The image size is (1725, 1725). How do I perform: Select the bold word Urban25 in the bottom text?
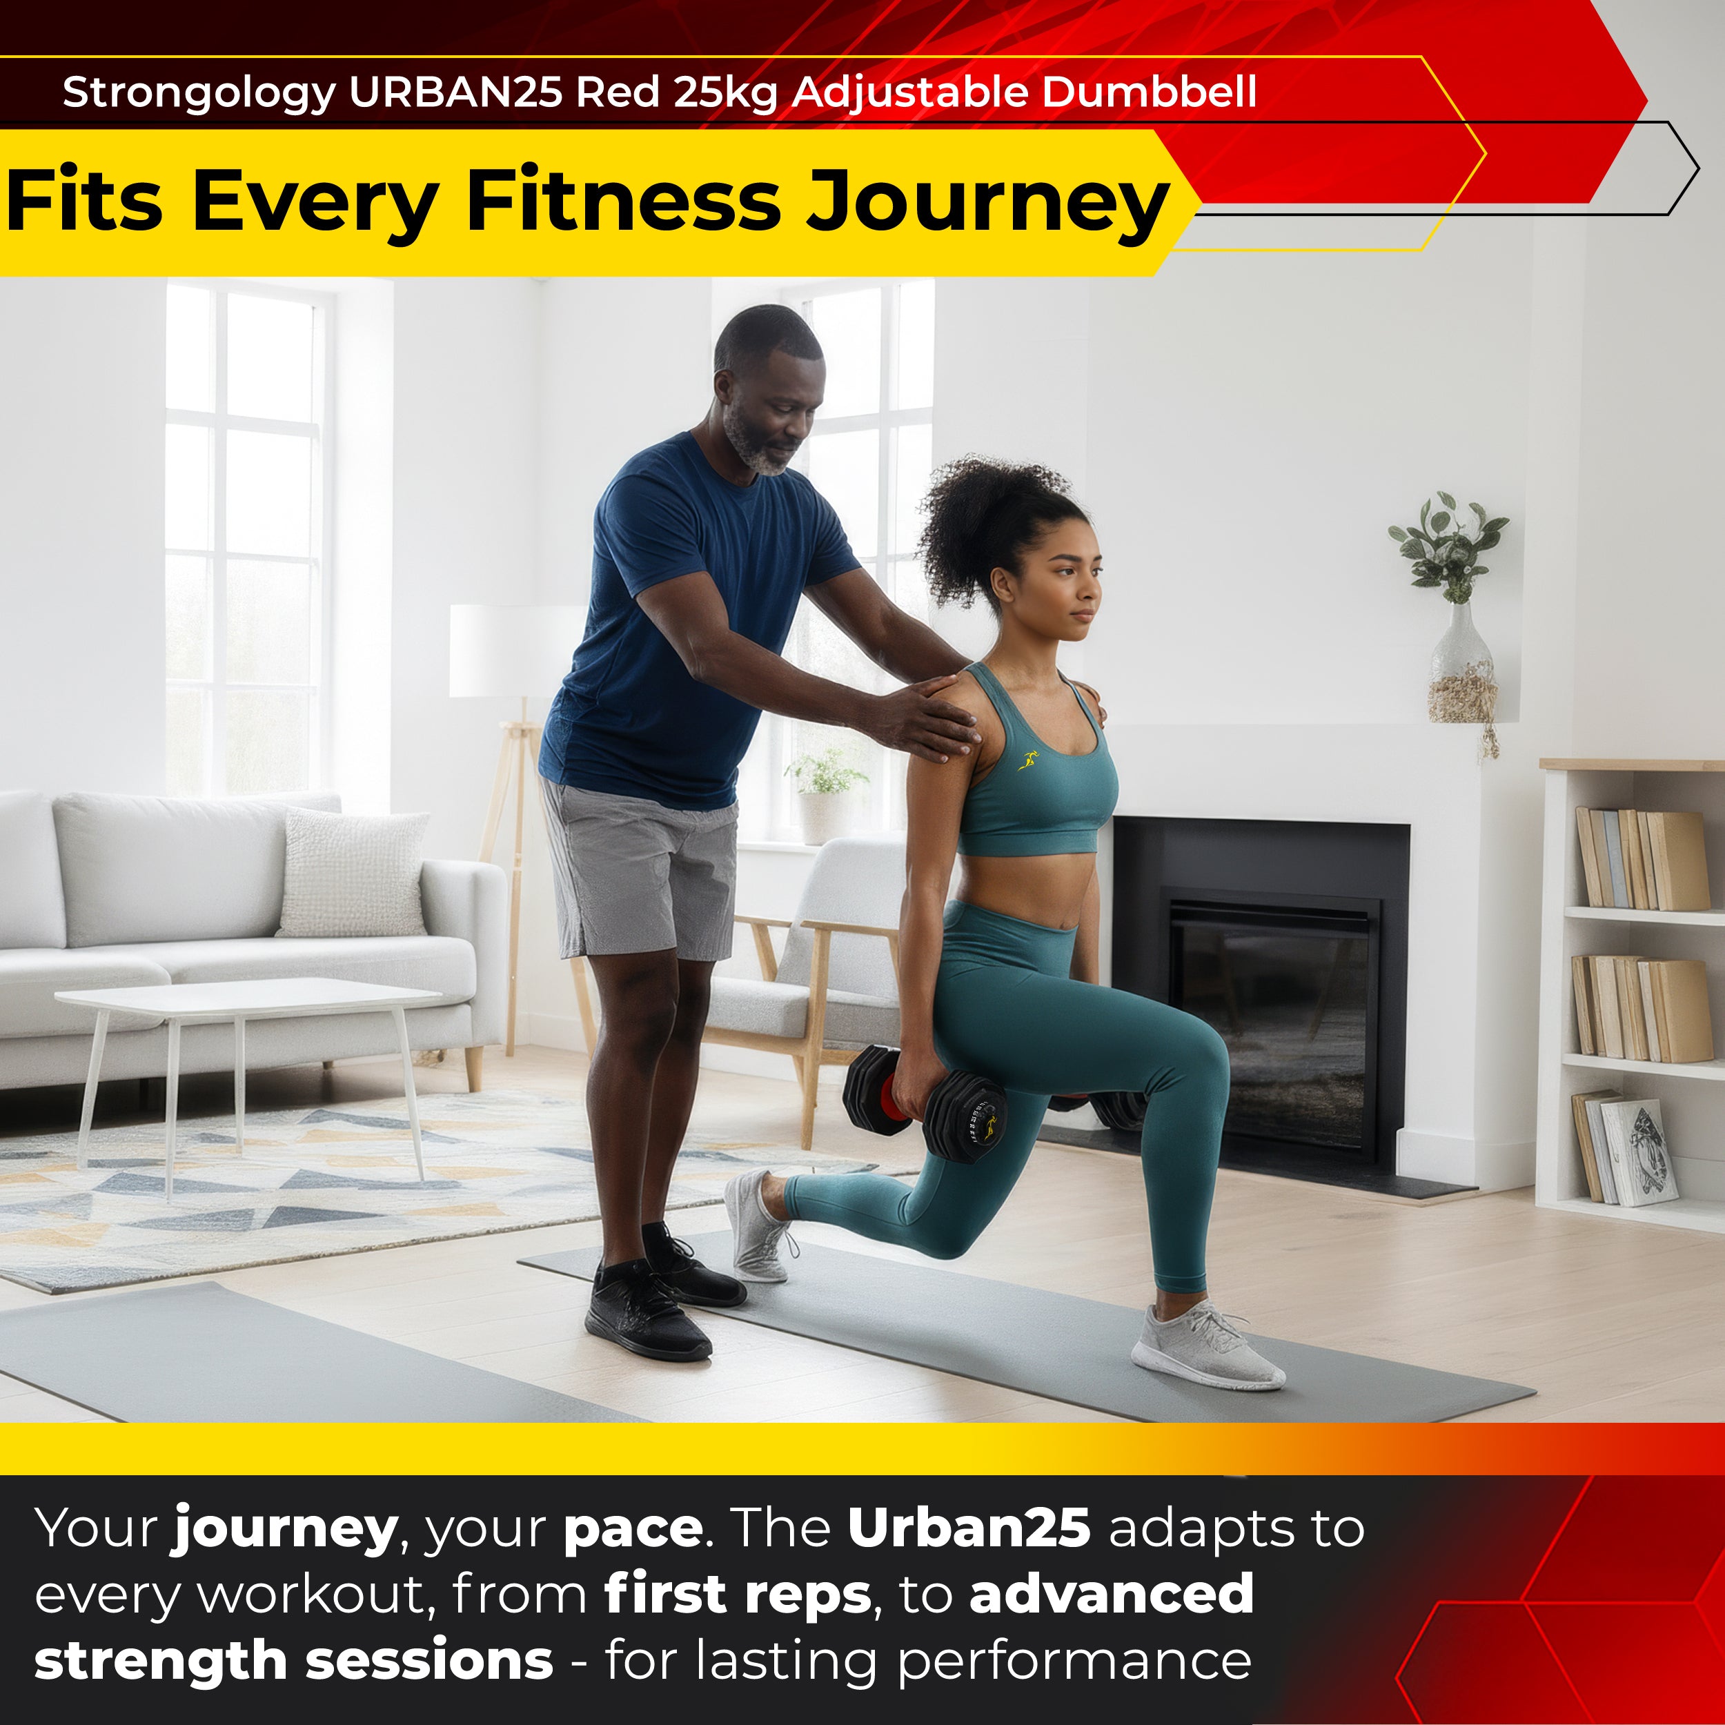coord(969,1528)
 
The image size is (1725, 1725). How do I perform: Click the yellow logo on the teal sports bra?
coord(1029,760)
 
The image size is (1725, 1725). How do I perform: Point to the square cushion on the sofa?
coord(353,874)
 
